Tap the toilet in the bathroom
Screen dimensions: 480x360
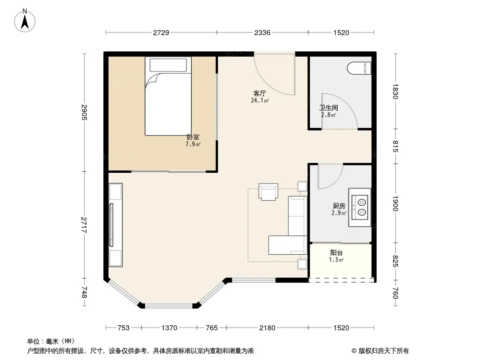click(x=360, y=68)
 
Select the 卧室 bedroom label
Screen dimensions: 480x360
click(x=193, y=137)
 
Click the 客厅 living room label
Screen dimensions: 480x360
click(x=259, y=93)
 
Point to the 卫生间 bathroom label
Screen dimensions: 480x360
click(x=328, y=108)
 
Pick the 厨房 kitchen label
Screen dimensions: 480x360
click(x=339, y=206)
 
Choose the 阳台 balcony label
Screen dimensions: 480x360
click(x=336, y=252)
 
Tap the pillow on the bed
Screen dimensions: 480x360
click(x=168, y=65)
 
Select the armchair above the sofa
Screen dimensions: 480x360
click(x=268, y=192)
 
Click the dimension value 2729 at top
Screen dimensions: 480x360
click(x=161, y=32)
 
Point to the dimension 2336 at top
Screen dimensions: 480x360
click(x=263, y=32)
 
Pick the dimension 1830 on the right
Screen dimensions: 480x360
click(x=395, y=91)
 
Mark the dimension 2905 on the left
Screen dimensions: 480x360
click(x=84, y=112)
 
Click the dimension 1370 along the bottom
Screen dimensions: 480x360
click(x=169, y=328)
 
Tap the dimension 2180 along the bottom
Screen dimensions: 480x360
click(x=267, y=328)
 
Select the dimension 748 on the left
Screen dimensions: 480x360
click(x=84, y=292)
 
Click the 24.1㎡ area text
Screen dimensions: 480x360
click(x=260, y=100)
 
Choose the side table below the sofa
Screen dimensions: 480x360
click(x=302, y=264)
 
